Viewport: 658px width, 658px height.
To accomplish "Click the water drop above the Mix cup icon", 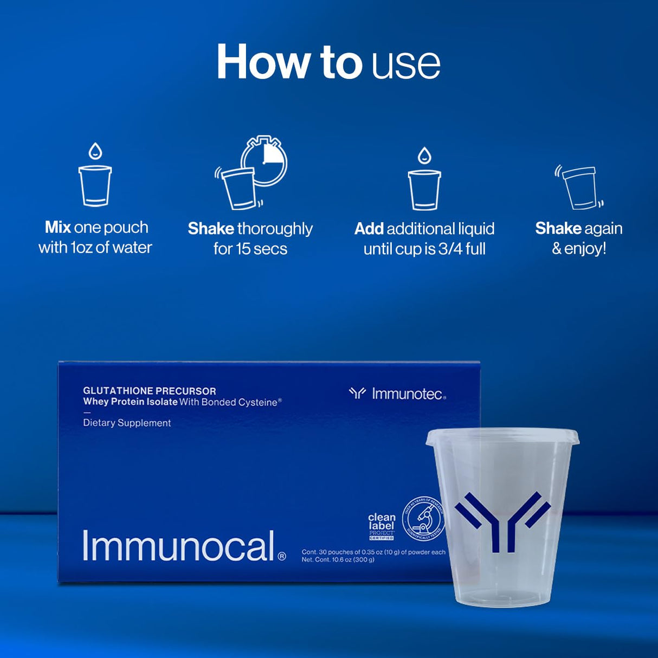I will click(95, 151).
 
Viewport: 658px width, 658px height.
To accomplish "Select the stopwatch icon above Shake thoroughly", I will click(264, 161).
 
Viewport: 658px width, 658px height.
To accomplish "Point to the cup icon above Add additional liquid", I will click(424, 190).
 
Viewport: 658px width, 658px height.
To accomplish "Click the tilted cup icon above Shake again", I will click(580, 188).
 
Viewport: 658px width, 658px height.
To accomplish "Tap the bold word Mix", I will click(58, 227).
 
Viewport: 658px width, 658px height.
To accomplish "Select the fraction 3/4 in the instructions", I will click(452, 249).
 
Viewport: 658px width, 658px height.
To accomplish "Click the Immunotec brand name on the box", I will click(408, 394).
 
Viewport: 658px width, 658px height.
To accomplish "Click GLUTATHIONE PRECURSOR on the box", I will click(150, 391).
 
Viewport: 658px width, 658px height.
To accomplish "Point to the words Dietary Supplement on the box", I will click(127, 423).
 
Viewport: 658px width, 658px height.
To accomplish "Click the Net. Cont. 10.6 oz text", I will click(338, 560).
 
